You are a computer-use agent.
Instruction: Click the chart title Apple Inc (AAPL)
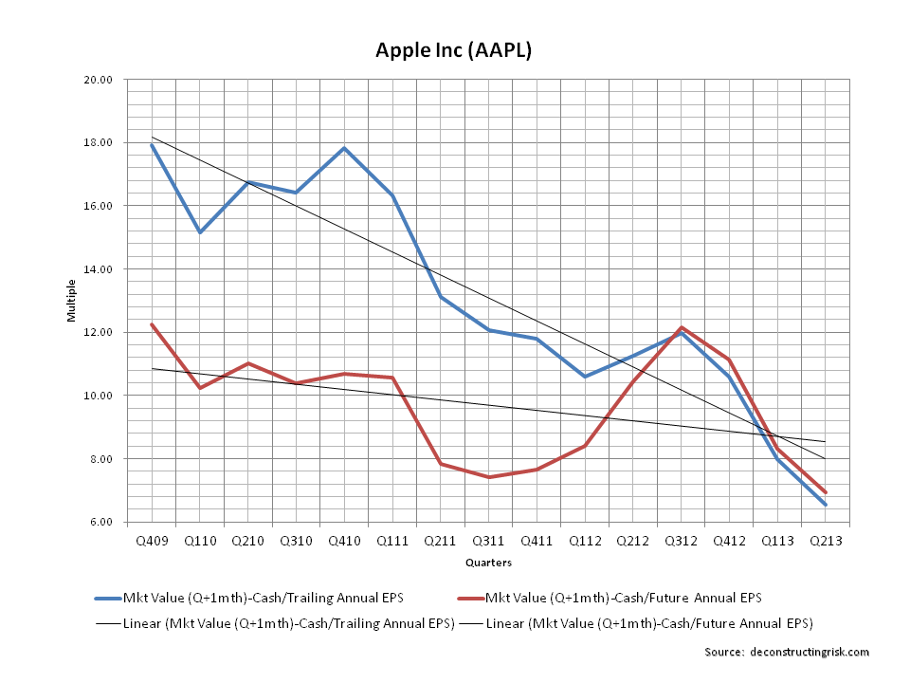click(454, 50)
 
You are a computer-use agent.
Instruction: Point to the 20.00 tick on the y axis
click(99, 80)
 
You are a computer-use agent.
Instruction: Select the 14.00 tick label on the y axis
click(99, 269)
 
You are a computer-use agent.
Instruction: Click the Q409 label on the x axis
click(152, 540)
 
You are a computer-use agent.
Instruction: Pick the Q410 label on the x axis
click(344, 540)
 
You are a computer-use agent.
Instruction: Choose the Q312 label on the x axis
click(681, 540)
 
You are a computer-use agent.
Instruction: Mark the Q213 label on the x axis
click(826, 540)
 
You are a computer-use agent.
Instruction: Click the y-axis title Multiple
click(71, 301)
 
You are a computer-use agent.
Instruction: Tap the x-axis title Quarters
click(488, 563)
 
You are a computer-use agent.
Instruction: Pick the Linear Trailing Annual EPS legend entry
click(276, 623)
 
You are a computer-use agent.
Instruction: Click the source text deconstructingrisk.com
click(787, 652)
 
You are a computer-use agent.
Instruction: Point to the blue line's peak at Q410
click(344, 148)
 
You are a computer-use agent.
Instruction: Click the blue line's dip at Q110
click(200, 231)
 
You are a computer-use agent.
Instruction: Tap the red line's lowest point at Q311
click(489, 477)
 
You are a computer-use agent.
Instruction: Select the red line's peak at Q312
click(681, 327)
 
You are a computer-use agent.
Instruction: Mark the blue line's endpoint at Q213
click(826, 505)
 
